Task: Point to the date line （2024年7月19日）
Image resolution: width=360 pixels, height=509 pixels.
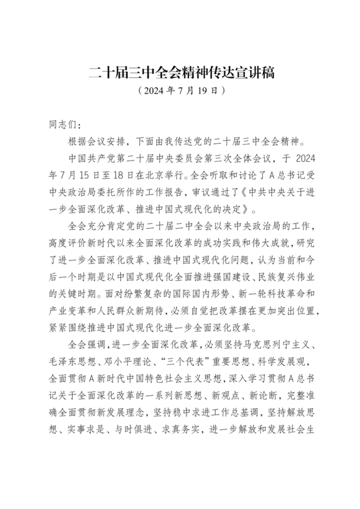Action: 181,91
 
